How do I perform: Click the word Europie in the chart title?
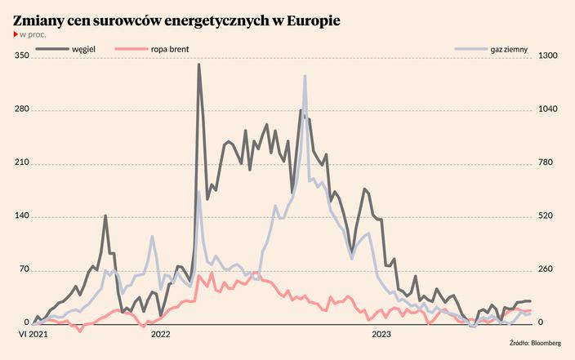coord(312,18)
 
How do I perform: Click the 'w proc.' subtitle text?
coord(33,35)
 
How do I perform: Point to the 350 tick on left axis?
coord(21,56)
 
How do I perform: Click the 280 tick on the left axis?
coord(21,109)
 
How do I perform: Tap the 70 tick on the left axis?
coord(24,269)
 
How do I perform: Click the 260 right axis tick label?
coord(546,269)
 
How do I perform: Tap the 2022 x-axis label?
coord(161,334)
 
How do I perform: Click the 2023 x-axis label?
coord(381,334)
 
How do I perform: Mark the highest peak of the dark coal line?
coord(198,64)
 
